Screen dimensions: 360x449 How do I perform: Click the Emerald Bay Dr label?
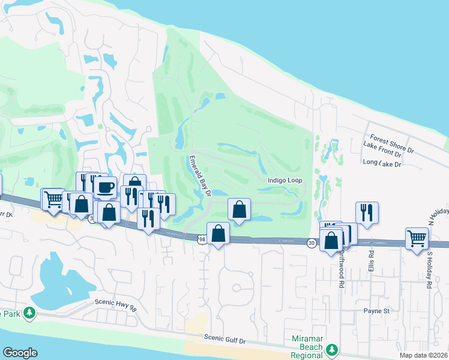click(x=200, y=176)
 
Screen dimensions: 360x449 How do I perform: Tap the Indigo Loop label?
click(x=285, y=180)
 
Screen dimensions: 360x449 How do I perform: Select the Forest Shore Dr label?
click(x=393, y=142)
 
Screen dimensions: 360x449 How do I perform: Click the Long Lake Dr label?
click(x=384, y=163)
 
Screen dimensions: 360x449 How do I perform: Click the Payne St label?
click(x=376, y=311)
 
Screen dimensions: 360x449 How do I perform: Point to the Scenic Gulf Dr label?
click(x=225, y=340)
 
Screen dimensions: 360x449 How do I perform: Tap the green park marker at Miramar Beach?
click(x=331, y=349)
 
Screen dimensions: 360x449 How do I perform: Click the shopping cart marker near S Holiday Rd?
click(x=417, y=238)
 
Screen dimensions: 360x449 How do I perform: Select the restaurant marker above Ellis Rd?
click(x=367, y=212)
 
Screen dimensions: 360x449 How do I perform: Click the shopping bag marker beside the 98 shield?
click(x=218, y=233)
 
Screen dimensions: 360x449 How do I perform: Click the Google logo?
click(x=20, y=353)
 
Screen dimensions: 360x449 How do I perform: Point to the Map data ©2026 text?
click(x=424, y=355)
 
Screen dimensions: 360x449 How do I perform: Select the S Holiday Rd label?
click(x=430, y=270)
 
